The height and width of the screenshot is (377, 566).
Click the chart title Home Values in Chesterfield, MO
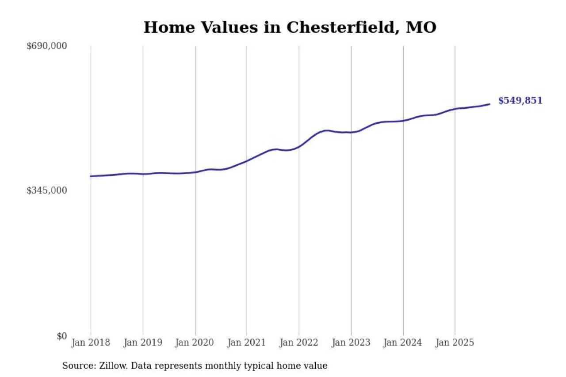(290, 27)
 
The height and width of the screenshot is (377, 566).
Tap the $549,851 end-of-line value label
(520, 101)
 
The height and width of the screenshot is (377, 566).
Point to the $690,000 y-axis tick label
(47, 46)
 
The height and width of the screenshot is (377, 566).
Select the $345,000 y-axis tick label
(47, 190)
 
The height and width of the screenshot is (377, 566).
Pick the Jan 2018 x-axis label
(91, 343)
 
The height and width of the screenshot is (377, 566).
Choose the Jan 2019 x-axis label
(143, 343)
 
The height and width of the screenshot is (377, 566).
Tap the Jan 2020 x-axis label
(195, 343)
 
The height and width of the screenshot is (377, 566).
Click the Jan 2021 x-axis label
(247, 343)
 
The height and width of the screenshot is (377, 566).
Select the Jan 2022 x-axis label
(299, 343)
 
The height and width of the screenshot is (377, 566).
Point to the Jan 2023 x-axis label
(351, 343)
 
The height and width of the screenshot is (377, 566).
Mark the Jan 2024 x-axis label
(403, 343)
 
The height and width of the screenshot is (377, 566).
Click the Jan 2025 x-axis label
(455, 343)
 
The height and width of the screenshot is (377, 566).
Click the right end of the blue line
(490, 104)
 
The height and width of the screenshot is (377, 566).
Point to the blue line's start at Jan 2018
(91, 176)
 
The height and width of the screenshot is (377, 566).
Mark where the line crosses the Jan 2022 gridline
(299, 146)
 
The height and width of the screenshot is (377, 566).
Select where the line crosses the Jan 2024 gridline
(403, 121)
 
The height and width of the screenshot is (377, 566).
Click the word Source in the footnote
(76, 366)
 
